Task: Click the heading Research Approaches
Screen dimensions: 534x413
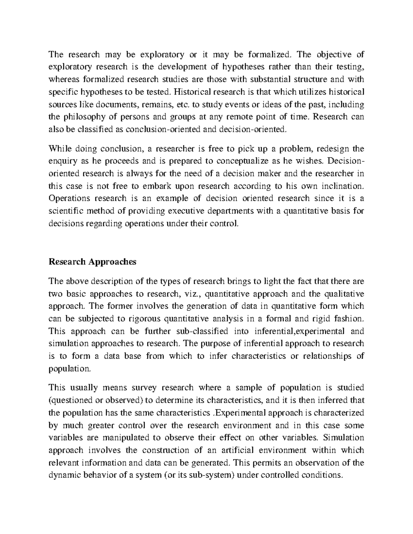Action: [93, 262]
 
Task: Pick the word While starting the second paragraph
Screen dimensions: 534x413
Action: [59, 149]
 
